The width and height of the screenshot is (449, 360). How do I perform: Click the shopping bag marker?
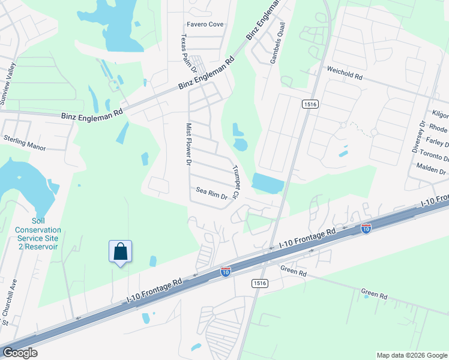tap(120, 251)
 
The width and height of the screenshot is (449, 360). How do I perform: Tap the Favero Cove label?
tap(205, 25)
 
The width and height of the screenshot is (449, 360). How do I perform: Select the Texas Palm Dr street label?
tap(184, 51)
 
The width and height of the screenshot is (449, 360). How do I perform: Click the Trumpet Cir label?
tap(236, 182)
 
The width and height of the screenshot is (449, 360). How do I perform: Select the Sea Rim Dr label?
tap(212, 193)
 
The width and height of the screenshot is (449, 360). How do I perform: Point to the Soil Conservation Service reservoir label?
tap(38, 230)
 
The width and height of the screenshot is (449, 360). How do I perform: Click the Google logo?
tap(19, 353)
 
